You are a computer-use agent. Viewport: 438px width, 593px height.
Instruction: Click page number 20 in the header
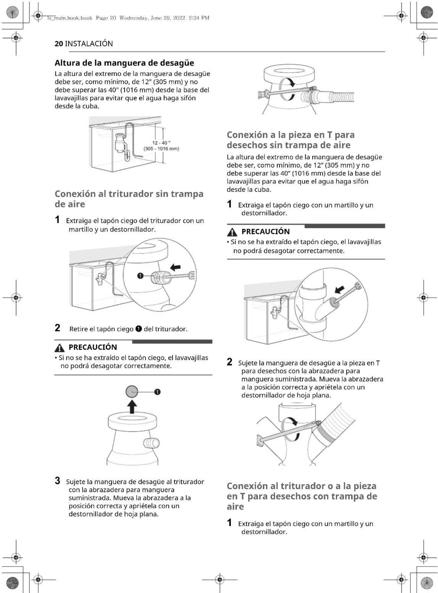[59, 44]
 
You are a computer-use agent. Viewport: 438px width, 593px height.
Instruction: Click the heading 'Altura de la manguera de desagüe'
[124, 63]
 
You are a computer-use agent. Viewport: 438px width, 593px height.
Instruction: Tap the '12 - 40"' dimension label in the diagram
[161, 143]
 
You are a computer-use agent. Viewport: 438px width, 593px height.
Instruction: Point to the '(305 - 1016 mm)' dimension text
[161, 149]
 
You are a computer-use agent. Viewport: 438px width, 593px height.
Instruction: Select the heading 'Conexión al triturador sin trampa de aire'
[129, 199]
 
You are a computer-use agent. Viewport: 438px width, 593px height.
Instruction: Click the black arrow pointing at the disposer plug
[175, 267]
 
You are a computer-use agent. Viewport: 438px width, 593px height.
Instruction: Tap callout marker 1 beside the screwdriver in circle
[140, 276]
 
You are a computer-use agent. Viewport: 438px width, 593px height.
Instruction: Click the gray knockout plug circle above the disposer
[132, 392]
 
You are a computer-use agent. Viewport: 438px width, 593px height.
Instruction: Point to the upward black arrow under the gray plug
[132, 406]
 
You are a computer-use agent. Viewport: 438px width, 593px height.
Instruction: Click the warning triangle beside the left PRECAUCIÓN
[59, 348]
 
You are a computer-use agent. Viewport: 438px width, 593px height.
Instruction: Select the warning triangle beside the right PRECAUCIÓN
[232, 232]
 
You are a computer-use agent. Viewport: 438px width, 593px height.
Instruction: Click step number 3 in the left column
[58, 481]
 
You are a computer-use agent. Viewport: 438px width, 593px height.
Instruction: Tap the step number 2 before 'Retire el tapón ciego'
[58, 328]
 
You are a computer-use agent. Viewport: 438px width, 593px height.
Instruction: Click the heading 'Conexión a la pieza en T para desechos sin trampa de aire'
[290, 140]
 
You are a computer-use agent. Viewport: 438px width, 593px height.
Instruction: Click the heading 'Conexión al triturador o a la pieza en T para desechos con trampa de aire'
[302, 496]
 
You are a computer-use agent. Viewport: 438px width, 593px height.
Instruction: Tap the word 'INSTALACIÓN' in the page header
[89, 44]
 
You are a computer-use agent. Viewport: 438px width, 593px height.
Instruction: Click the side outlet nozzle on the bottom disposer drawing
[152, 443]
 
